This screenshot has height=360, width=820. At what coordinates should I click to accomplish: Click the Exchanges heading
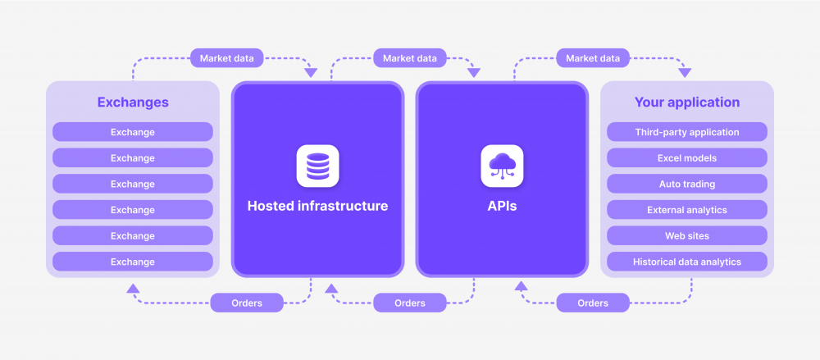[x=133, y=103]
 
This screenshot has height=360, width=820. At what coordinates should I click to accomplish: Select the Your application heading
[x=687, y=103]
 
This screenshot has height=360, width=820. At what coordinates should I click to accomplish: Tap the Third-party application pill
[x=687, y=132]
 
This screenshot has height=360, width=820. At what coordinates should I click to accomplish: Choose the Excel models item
[x=687, y=158]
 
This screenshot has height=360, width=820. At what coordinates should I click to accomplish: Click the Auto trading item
[x=687, y=184]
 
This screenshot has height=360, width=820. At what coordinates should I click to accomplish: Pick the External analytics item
[x=687, y=210]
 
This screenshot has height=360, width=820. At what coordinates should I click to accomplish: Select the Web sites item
[x=687, y=236]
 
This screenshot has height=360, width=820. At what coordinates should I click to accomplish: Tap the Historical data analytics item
[x=687, y=262]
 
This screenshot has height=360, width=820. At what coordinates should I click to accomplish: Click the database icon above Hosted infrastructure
[x=317, y=166]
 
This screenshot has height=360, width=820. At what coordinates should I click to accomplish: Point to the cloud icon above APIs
[x=502, y=166]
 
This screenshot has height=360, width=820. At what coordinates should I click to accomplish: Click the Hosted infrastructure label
[x=317, y=206]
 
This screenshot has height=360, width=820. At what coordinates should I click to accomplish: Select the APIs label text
[x=502, y=206]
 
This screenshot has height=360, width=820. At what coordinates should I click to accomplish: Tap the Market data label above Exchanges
[x=227, y=58]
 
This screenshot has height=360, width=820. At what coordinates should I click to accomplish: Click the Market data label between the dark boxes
[x=410, y=58]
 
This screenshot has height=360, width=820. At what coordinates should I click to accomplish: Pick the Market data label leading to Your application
[x=594, y=58]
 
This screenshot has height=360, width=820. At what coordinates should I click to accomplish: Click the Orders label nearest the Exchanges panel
[x=247, y=303]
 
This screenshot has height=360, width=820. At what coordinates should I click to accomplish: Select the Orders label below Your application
[x=593, y=303]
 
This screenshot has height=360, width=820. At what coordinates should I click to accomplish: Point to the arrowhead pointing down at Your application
[x=685, y=73]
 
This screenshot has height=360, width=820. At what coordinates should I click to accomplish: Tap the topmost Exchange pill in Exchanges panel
[x=133, y=132]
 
